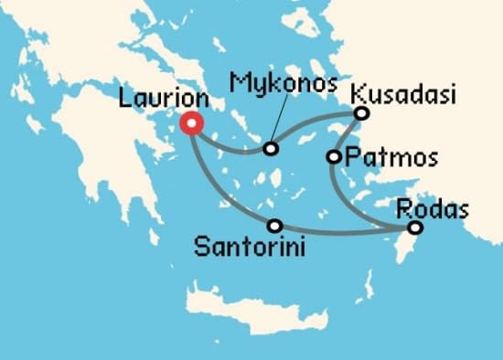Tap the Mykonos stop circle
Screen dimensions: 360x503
[270, 148]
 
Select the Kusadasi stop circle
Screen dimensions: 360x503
[361, 113]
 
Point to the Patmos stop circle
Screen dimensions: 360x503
[334, 157]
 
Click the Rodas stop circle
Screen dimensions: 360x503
[414, 228]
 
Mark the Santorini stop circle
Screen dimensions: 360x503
[273, 225]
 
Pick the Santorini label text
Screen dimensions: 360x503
[250, 247]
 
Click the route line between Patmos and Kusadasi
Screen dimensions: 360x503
[348, 134]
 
